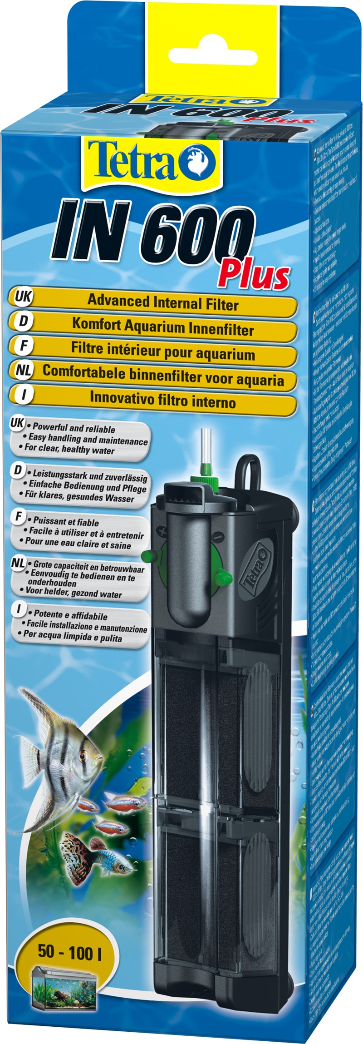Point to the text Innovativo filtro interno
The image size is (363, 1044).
coord(162,401)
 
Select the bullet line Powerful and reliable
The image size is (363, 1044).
coord(72,429)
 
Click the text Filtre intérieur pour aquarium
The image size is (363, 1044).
coord(162,353)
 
